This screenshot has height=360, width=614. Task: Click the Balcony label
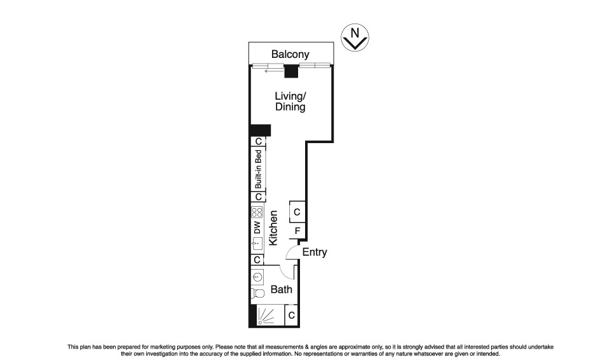pyautogui.click(x=290, y=54)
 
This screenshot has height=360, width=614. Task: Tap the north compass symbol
pyautogui.click(x=355, y=38)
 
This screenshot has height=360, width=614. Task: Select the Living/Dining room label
pyautogui.click(x=290, y=101)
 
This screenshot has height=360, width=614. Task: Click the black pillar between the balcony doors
pyautogui.click(x=291, y=71)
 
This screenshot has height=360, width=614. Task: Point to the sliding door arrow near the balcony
pyautogui.click(x=274, y=71)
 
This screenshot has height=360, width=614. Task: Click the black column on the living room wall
pyautogui.click(x=261, y=130)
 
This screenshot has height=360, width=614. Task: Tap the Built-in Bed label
pyautogui.click(x=258, y=169)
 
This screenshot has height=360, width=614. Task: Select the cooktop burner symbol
pyautogui.click(x=257, y=212)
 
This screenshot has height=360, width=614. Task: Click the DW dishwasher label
pyautogui.click(x=257, y=228)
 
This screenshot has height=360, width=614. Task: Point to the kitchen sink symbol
pyautogui.click(x=257, y=243)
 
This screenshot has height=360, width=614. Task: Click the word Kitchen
pyautogui.click(x=273, y=228)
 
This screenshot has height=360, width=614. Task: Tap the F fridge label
pyautogui.click(x=297, y=231)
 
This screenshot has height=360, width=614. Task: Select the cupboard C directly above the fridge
pyautogui.click(x=297, y=212)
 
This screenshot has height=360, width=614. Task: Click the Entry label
pyautogui.click(x=315, y=252)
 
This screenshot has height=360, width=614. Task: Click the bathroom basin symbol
pyautogui.click(x=257, y=277)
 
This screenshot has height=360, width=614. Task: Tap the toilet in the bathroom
pyautogui.click(x=257, y=293)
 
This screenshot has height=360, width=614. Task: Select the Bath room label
pyautogui.click(x=281, y=289)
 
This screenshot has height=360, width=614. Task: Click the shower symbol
pyautogui.click(x=266, y=315)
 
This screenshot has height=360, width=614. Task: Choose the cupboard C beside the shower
pyautogui.click(x=291, y=315)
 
